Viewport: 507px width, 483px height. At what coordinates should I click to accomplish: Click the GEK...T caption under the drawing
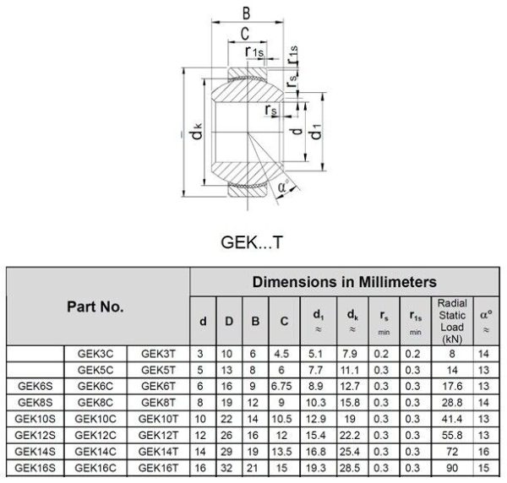pyautogui.click(x=252, y=242)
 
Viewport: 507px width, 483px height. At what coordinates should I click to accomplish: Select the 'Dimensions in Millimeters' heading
pyautogui.click(x=345, y=282)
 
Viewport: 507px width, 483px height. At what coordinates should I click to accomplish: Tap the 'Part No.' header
pyautogui.click(x=95, y=307)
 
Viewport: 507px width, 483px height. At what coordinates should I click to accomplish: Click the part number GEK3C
pyautogui.click(x=95, y=354)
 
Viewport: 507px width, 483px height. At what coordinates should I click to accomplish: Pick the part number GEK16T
pyautogui.click(x=158, y=468)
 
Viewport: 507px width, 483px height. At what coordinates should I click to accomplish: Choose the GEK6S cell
pyautogui.click(x=35, y=386)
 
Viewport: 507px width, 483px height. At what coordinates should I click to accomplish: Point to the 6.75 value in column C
pyautogui.click(x=281, y=386)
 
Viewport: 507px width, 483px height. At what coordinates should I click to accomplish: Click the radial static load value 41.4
pyautogui.click(x=452, y=419)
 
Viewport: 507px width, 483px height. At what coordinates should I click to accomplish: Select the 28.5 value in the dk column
pyautogui.click(x=350, y=468)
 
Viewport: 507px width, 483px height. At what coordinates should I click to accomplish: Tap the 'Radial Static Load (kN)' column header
pyautogui.click(x=452, y=321)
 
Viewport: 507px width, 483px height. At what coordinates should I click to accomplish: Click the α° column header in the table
pyautogui.click(x=486, y=321)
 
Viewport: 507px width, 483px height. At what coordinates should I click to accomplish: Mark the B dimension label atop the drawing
pyautogui.click(x=247, y=14)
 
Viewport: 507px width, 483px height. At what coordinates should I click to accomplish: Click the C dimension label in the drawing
pyautogui.click(x=245, y=34)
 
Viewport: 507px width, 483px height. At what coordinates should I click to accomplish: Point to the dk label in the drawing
pyautogui.click(x=197, y=131)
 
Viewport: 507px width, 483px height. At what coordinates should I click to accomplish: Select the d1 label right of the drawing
pyautogui.click(x=316, y=132)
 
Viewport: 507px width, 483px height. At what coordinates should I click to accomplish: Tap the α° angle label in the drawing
pyautogui.click(x=283, y=186)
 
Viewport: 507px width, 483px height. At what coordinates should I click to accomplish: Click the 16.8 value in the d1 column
pyautogui.click(x=315, y=452)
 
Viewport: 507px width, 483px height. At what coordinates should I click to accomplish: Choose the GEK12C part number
pyautogui.click(x=95, y=435)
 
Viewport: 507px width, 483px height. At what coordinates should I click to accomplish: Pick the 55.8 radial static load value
pyautogui.click(x=452, y=435)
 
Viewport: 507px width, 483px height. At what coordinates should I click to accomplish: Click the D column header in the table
pyautogui.click(x=229, y=321)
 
